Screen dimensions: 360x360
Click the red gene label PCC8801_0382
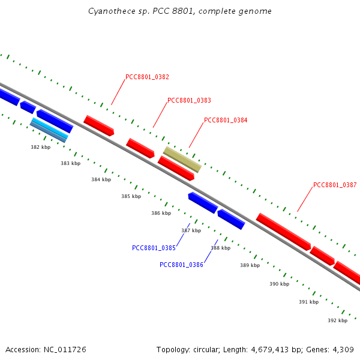tap(147, 77)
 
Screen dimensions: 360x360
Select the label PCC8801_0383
tap(189, 100)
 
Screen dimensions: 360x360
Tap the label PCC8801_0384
tap(226, 120)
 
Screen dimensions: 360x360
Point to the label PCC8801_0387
tap(335, 185)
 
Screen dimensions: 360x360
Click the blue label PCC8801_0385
tap(154, 248)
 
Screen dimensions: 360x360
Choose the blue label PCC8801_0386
tap(181, 265)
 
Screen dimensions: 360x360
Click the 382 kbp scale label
tap(41, 146)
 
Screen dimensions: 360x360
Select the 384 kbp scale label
tap(101, 179)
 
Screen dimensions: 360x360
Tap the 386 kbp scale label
tap(161, 213)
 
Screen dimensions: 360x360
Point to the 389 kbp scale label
tap(250, 265)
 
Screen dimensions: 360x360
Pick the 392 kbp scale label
tap(337, 320)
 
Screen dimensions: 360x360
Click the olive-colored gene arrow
tap(182, 160)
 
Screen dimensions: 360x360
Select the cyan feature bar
tap(50, 128)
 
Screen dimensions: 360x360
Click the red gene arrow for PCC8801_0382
tap(99, 125)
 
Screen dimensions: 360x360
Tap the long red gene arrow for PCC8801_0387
tap(284, 232)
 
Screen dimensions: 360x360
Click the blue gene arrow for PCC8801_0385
tap(203, 203)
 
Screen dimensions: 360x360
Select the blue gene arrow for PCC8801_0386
tap(232, 219)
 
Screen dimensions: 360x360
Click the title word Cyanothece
tap(109, 11)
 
